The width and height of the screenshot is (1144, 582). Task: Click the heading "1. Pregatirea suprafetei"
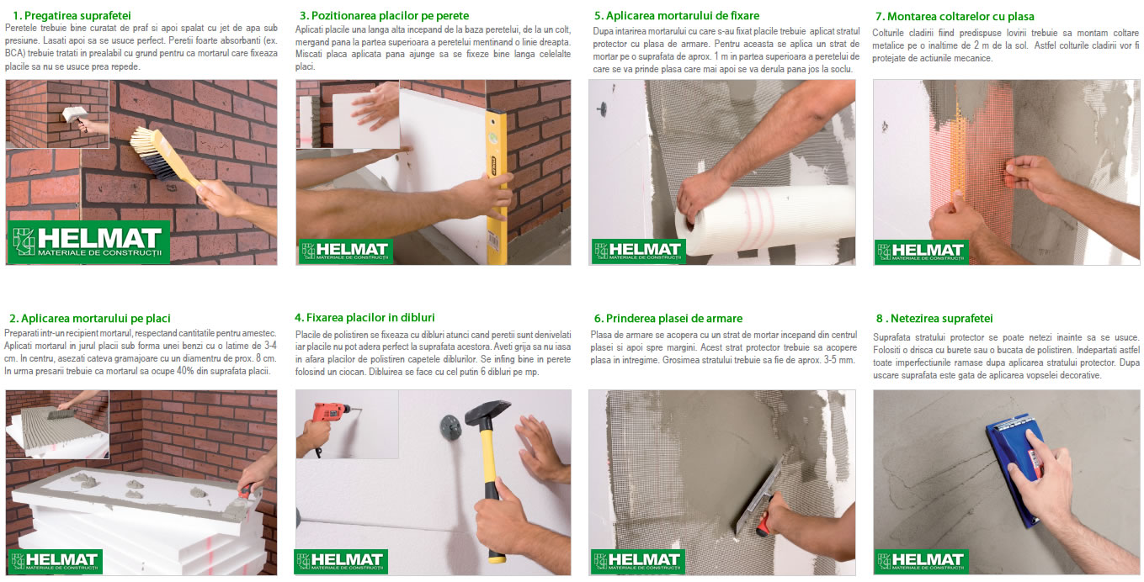tap(72, 16)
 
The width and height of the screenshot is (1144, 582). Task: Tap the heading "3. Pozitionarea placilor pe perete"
tap(384, 16)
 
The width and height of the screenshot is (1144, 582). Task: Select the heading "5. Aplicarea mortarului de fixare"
tap(677, 16)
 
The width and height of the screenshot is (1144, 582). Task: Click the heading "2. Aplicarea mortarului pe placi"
tap(90, 318)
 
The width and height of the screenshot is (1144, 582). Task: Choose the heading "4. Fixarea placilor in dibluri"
tap(364, 318)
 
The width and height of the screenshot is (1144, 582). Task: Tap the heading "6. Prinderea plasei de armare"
tap(668, 318)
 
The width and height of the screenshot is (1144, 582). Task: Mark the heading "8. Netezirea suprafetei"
tap(934, 318)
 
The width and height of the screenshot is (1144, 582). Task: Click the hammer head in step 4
tap(487, 412)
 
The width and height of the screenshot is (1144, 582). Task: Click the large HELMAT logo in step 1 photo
tap(89, 241)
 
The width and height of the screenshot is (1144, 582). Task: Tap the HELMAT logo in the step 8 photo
tap(921, 562)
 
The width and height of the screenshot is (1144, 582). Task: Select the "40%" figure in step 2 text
tap(186, 371)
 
